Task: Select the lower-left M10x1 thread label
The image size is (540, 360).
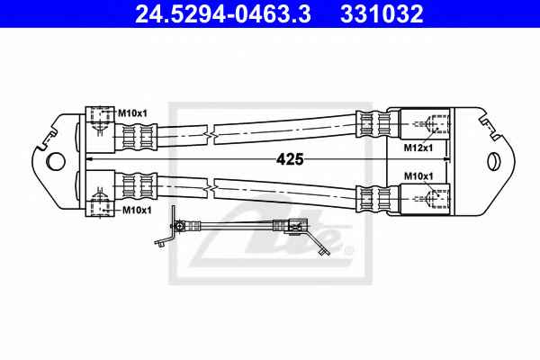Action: [132, 209]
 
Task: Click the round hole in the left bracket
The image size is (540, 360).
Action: [56, 161]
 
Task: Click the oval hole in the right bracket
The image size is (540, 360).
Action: [492, 160]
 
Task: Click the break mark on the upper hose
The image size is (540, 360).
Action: [210, 134]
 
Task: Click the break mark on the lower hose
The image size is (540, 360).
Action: [210, 187]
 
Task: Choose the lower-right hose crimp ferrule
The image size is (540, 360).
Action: [370, 198]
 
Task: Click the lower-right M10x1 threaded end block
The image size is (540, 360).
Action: [426, 197]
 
